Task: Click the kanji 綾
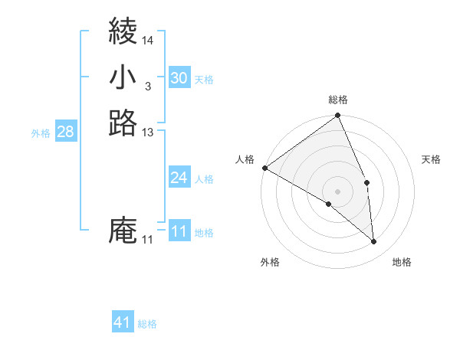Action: pyautogui.click(x=123, y=31)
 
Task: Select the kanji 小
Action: pyautogui.click(x=123, y=77)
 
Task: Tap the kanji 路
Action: pyautogui.click(x=123, y=123)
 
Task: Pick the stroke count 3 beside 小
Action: pyautogui.click(x=147, y=87)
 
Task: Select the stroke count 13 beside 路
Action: pyautogui.click(x=148, y=133)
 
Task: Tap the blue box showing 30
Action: pyautogui.click(x=179, y=78)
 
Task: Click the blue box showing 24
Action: pyautogui.click(x=179, y=178)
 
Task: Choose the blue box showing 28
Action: pyautogui.click(x=65, y=132)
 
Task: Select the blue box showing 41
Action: pyautogui.click(x=123, y=322)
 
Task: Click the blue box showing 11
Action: pyautogui.click(x=179, y=231)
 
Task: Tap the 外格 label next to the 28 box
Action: pyautogui.click(x=41, y=133)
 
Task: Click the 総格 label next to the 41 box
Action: pyautogui.click(x=147, y=324)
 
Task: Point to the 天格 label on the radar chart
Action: pyautogui.click(x=431, y=159)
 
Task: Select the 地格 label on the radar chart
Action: pyautogui.click(x=402, y=262)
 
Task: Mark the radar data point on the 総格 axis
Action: pyautogui.click(x=338, y=116)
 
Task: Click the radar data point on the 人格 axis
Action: pyautogui.click(x=264, y=168)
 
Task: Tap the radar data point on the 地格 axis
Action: pyautogui.click(x=373, y=241)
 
